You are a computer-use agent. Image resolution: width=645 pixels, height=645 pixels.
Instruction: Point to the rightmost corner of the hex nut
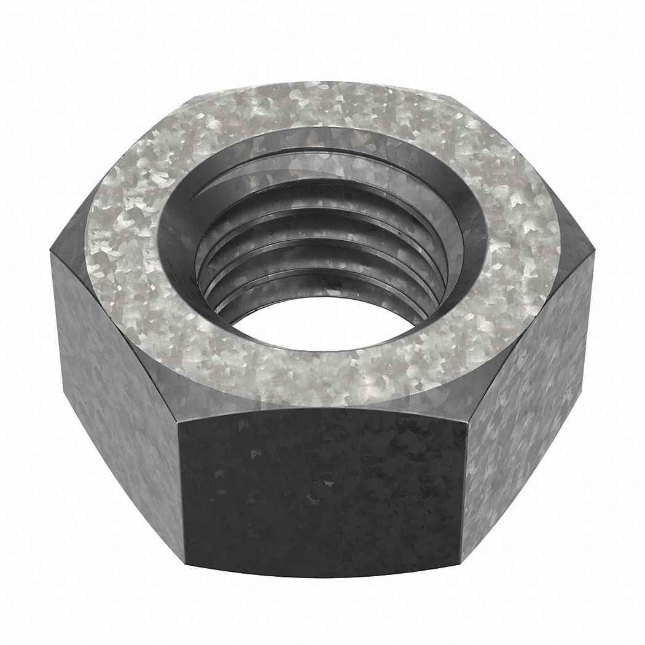595,252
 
